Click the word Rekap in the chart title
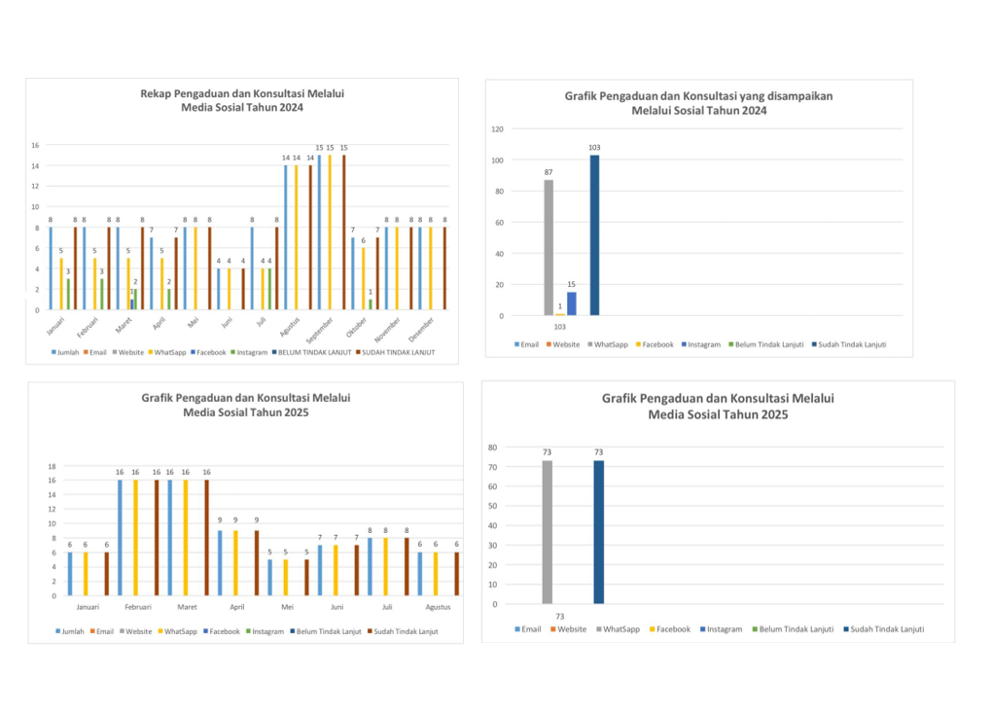pyautogui.click(x=156, y=93)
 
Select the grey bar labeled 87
pyautogui.click(x=549, y=247)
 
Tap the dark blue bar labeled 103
pyautogui.click(x=594, y=234)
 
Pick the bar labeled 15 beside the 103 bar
pyautogui.click(x=572, y=303)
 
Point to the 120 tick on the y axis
pyautogui.click(x=497, y=128)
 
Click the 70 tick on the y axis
pyautogui.click(x=492, y=467)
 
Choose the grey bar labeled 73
pyautogui.click(x=548, y=531)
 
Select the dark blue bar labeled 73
pyautogui.click(x=599, y=531)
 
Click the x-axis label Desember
pyautogui.click(x=422, y=329)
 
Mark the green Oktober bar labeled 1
pyautogui.click(x=370, y=304)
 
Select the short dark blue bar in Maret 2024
pyautogui.click(x=132, y=304)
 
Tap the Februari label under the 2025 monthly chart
pyautogui.click(x=137, y=606)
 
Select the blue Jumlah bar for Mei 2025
pyautogui.click(x=270, y=577)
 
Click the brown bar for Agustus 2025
pyautogui.click(x=456, y=574)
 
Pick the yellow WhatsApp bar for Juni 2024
pyautogui.click(x=230, y=289)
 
